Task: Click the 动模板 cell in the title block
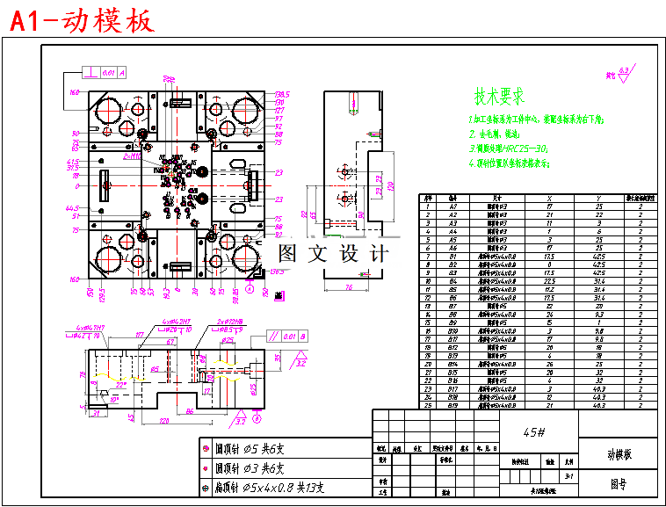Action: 619,453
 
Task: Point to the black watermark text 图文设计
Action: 332,254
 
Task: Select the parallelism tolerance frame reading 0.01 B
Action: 291,335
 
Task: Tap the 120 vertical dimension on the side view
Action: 387,186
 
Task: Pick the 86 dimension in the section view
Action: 191,410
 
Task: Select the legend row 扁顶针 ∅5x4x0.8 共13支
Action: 269,487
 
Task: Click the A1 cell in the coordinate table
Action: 453,206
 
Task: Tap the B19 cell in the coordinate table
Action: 453,406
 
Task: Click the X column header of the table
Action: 549,199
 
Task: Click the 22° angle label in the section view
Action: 120,384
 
